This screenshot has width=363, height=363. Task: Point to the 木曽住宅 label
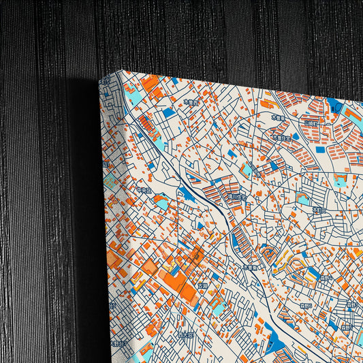click(x=281, y=137)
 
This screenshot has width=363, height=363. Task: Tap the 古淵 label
click(x=202, y=286)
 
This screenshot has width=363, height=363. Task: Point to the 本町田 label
click(x=317, y=210)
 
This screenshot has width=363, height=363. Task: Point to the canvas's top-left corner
click(x=123, y=70)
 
